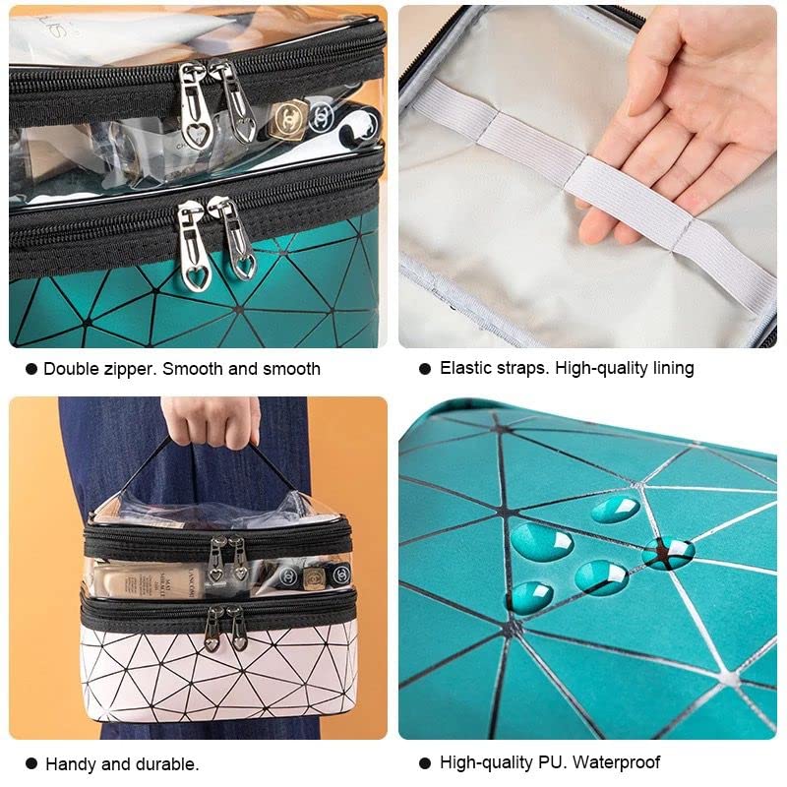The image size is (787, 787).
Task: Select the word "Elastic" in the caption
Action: point(465,368)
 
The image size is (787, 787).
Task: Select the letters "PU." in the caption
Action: point(556,762)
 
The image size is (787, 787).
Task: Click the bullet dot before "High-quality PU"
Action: point(425,763)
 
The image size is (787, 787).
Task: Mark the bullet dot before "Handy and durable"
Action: point(31,763)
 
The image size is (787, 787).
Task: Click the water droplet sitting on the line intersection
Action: point(668,553)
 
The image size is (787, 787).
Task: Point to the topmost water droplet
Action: point(616,509)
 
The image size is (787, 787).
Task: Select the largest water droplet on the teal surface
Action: point(541,542)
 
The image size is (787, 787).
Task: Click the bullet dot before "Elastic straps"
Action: point(425,369)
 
